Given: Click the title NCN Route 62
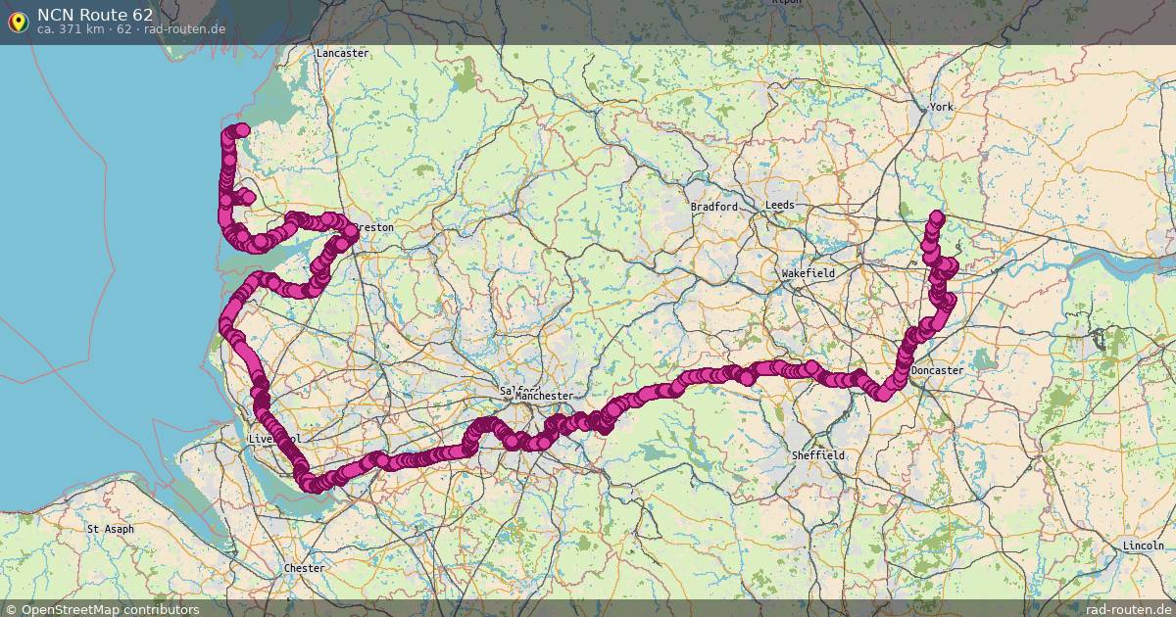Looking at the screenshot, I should click(95, 14).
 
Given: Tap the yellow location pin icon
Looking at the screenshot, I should click(18, 21).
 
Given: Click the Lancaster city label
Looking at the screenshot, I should click(342, 53).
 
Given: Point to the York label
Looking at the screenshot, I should click(941, 106).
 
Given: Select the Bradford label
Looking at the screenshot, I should click(713, 207).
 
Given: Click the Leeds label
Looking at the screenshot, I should click(780, 205).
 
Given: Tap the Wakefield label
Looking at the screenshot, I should click(808, 273).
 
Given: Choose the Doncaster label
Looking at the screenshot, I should click(937, 371).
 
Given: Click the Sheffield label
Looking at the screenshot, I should click(818, 455).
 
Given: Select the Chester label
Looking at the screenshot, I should click(303, 568).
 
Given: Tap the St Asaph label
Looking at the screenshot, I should click(111, 529).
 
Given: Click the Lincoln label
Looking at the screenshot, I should click(1144, 546).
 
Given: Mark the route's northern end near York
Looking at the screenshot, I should click(936, 217).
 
